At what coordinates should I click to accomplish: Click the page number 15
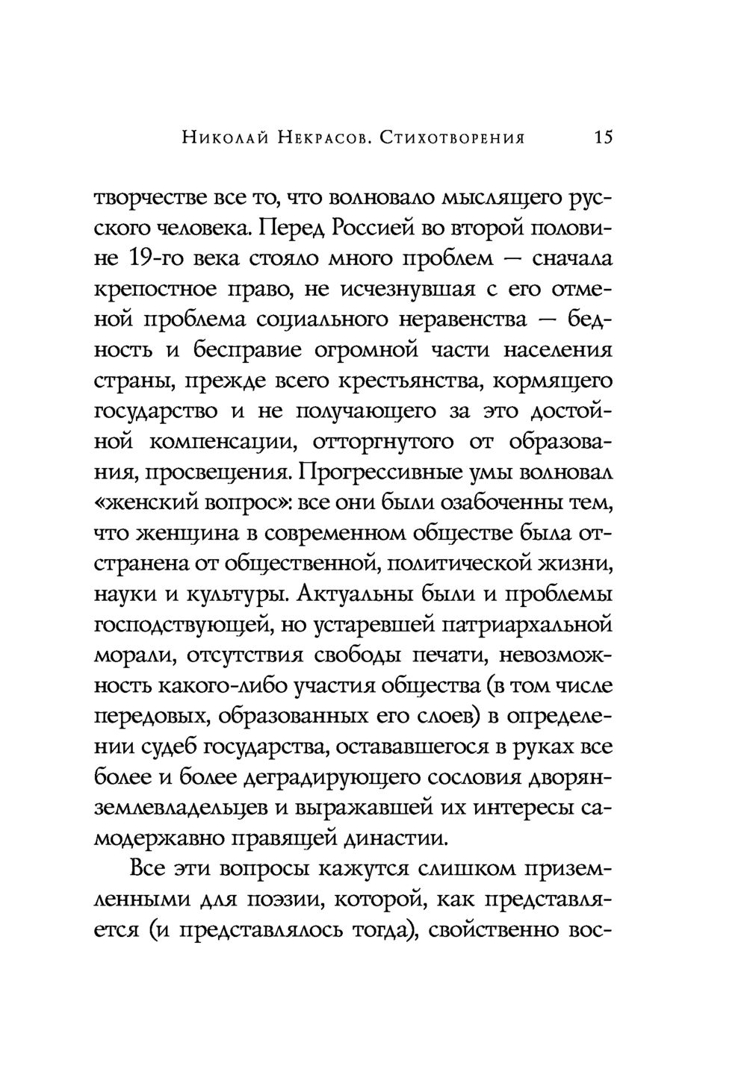coord(603,137)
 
